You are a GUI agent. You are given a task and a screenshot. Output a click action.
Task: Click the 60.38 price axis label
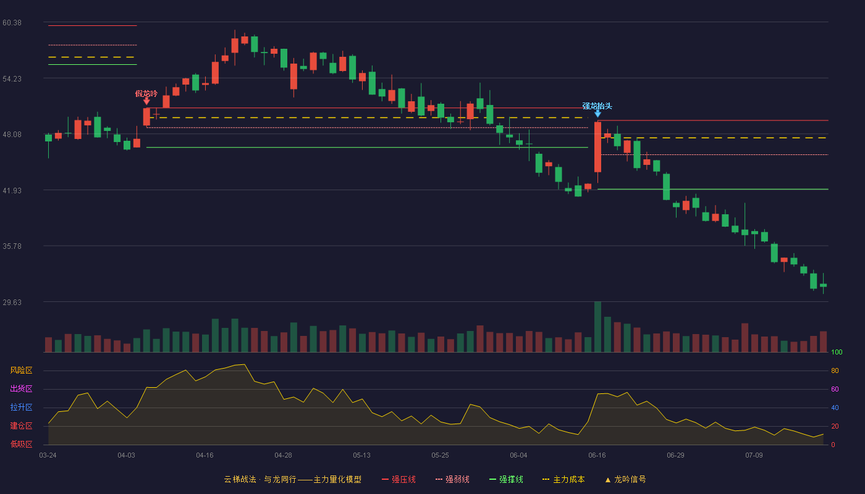tap(12, 23)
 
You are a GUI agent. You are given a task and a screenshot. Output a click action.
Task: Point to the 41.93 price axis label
tap(12, 191)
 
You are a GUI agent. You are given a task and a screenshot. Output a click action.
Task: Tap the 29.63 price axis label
tap(12, 302)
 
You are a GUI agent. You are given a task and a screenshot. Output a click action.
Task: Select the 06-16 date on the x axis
tap(597, 456)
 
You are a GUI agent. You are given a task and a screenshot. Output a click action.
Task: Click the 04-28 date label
tap(283, 456)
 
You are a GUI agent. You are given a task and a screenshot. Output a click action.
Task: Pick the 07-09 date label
tap(754, 456)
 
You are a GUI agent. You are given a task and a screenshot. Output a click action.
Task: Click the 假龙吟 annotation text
tap(146, 94)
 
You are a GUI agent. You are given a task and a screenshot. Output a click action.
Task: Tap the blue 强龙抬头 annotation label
tap(597, 106)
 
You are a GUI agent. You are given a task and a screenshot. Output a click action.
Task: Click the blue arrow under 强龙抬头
tap(598, 114)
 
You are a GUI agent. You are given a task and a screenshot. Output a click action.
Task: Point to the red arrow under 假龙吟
tap(146, 101)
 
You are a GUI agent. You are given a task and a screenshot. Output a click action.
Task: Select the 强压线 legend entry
tap(399, 479)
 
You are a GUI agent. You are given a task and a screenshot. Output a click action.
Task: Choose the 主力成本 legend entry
tap(563, 479)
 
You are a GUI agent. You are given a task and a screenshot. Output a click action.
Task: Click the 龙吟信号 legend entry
tap(625, 479)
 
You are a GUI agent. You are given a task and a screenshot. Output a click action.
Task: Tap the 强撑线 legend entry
tap(506, 479)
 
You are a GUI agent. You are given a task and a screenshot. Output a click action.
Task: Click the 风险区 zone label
tap(21, 371)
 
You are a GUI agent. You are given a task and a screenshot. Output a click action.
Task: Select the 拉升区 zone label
tap(21, 408)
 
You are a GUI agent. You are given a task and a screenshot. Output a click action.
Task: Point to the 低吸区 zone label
tap(21, 444)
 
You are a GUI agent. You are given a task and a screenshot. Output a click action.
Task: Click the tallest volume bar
tap(598, 327)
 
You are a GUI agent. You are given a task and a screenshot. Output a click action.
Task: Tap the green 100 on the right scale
tap(837, 352)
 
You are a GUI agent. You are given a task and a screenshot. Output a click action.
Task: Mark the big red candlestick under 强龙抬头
tap(598, 147)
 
